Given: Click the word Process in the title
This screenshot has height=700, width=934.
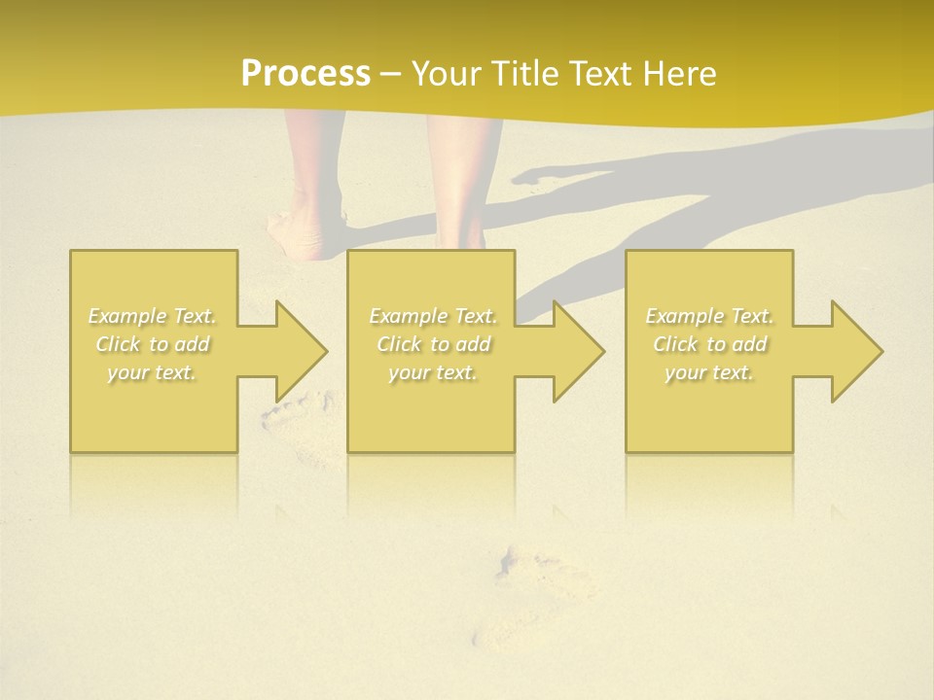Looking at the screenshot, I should (305, 73).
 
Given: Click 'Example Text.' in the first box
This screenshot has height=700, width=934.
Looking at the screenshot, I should (152, 316).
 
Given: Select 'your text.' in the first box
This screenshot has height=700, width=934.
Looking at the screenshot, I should (152, 372).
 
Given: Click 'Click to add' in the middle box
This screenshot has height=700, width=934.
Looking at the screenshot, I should (433, 344).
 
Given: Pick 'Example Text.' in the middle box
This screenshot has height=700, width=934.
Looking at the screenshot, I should (433, 316).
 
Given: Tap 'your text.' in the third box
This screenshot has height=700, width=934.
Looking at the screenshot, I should (709, 372).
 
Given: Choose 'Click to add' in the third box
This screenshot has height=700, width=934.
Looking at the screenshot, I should (709, 344).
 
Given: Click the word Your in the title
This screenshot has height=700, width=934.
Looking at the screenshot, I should (444, 73).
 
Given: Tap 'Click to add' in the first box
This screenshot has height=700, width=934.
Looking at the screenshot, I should (152, 344).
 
